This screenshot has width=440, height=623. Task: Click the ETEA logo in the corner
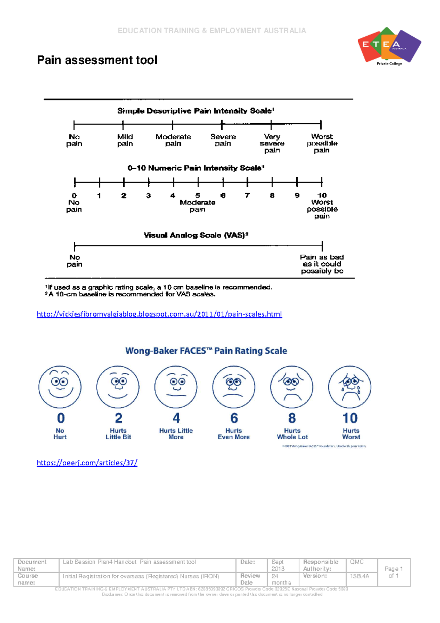coord(389,46)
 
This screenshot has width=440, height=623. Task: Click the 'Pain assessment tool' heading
coord(97,60)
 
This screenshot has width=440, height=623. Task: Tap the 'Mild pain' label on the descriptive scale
coord(125,140)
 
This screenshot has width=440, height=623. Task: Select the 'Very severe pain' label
coord(272,143)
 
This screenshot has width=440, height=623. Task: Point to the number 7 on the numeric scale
coord(247,196)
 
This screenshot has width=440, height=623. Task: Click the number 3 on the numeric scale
coord(148,196)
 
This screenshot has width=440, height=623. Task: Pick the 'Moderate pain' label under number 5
coord(197,206)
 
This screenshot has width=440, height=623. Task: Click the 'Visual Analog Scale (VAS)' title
coord(196,235)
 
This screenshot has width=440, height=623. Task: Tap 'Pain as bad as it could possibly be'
coord(322,264)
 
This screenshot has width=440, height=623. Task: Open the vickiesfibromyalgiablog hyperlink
coord(159,314)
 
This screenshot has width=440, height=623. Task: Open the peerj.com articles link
coord(87,463)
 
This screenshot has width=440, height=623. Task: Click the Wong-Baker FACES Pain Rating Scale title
coord(206,351)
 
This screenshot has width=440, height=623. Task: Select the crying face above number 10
coord(349,387)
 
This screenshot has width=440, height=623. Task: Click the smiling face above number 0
coord(60,387)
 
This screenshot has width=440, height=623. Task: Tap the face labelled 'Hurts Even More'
coord(234,387)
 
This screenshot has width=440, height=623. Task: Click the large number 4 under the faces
coord(176,418)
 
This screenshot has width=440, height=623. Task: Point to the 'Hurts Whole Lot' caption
coord(292,434)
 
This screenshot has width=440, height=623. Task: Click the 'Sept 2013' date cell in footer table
coord(278,565)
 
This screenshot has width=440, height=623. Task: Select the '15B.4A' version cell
coord(359,576)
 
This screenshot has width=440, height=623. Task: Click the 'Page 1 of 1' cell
coord(393,572)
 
